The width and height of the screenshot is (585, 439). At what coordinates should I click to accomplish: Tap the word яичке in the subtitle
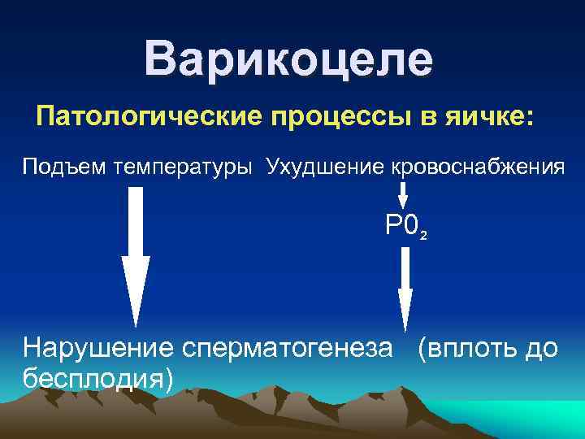489,117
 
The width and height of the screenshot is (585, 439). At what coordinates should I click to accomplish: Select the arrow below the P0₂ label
405,289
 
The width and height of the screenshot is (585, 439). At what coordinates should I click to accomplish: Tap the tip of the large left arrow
136,323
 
